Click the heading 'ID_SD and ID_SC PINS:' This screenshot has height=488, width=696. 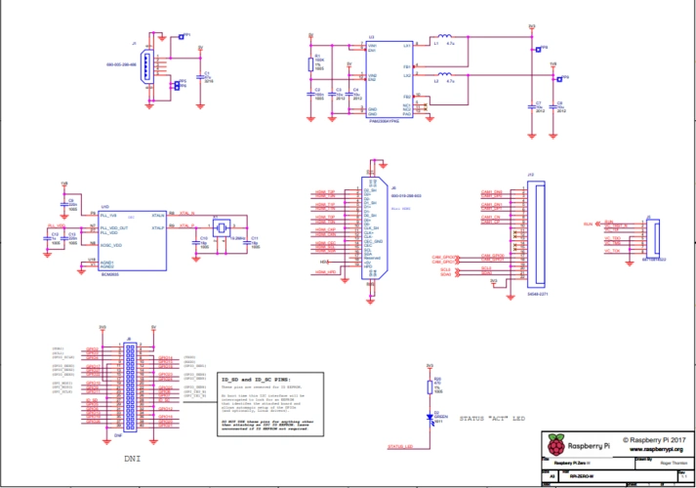[256, 378]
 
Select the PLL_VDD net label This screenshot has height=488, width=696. [56, 225]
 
